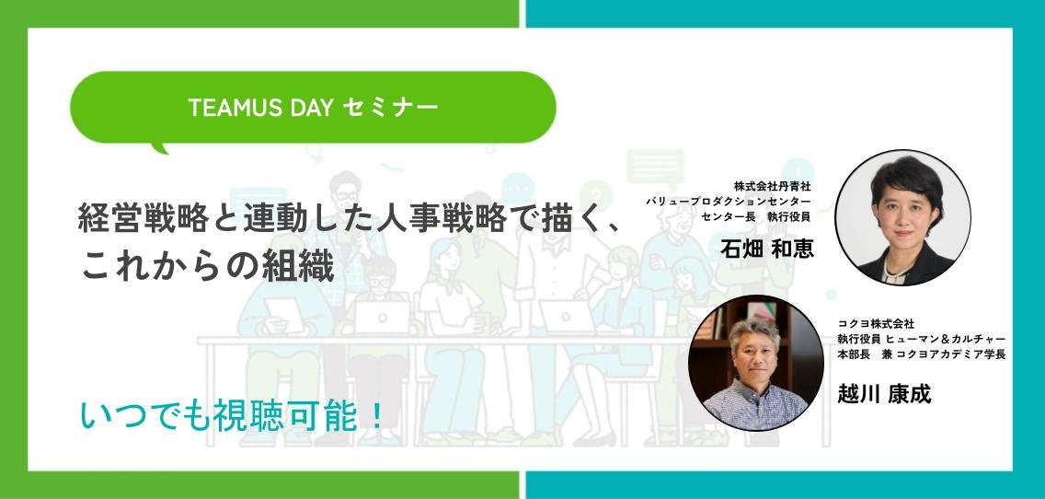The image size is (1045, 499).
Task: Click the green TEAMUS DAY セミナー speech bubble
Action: [x=313, y=108]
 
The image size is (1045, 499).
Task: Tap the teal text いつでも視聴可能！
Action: [x=233, y=416]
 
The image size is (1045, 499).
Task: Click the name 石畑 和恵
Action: [x=767, y=249]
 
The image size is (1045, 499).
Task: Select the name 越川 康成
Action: [x=884, y=394]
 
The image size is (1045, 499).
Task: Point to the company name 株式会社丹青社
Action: [x=773, y=186]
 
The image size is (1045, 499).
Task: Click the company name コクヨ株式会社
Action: [x=876, y=324]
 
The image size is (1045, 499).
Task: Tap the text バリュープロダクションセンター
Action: [x=729, y=201]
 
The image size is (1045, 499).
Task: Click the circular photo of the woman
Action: [x=903, y=217]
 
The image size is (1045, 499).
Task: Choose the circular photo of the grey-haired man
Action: [x=756, y=363]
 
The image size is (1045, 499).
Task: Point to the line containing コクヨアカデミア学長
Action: [x=922, y=354]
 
